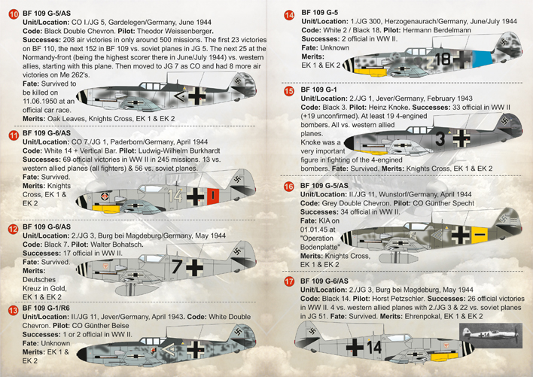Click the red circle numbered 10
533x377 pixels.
click(14, 14)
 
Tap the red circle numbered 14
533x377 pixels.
click(289, 15)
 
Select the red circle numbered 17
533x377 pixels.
click(289, 281)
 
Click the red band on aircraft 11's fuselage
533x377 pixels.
click(213, 196)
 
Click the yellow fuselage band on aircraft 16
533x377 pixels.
click(480, 235)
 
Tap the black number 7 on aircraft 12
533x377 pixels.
click(177, 266)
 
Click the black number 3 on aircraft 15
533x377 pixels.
click(440, 138)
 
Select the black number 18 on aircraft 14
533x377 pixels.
click(443, 59)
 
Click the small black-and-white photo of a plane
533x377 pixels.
click(491, 335)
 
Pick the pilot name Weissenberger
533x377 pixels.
click(189, 32)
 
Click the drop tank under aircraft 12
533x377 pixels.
click(137, 290)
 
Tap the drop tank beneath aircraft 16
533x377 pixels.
click(398, 258)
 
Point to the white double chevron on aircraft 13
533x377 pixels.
click(169, 350)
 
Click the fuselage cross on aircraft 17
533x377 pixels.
click(355, 347)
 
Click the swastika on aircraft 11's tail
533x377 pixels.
click(237, 180)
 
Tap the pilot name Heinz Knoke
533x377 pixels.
click(388, 108)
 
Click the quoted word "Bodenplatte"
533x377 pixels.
click(320, 247)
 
